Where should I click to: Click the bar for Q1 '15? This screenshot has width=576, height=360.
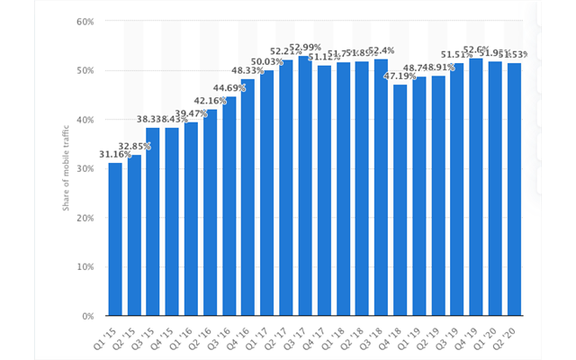(115, 239)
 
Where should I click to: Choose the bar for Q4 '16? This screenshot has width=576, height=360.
(247, 197)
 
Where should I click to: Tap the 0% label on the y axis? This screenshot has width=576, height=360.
(86, 317)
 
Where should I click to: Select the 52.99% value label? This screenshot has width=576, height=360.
(304, 48)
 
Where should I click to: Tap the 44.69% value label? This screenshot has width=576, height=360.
(229, 89)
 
